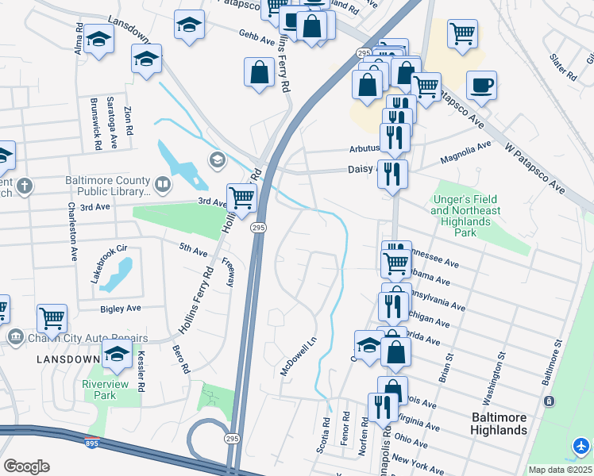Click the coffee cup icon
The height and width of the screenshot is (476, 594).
click(481, 86)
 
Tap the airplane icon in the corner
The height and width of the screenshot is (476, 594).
click(581, 447)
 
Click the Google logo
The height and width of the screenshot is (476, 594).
click(26, 466)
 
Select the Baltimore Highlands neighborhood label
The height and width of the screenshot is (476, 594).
click(499, 424)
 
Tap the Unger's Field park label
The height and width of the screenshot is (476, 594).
click(466, 210)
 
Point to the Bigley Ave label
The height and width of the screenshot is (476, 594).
click(120, 308)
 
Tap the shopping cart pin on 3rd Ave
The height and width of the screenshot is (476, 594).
click(241, 198)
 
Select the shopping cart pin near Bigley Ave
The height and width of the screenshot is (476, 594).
click(52, 319)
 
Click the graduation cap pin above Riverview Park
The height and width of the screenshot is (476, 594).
click(117, 355)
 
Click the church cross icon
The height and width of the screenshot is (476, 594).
click(25, 186)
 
